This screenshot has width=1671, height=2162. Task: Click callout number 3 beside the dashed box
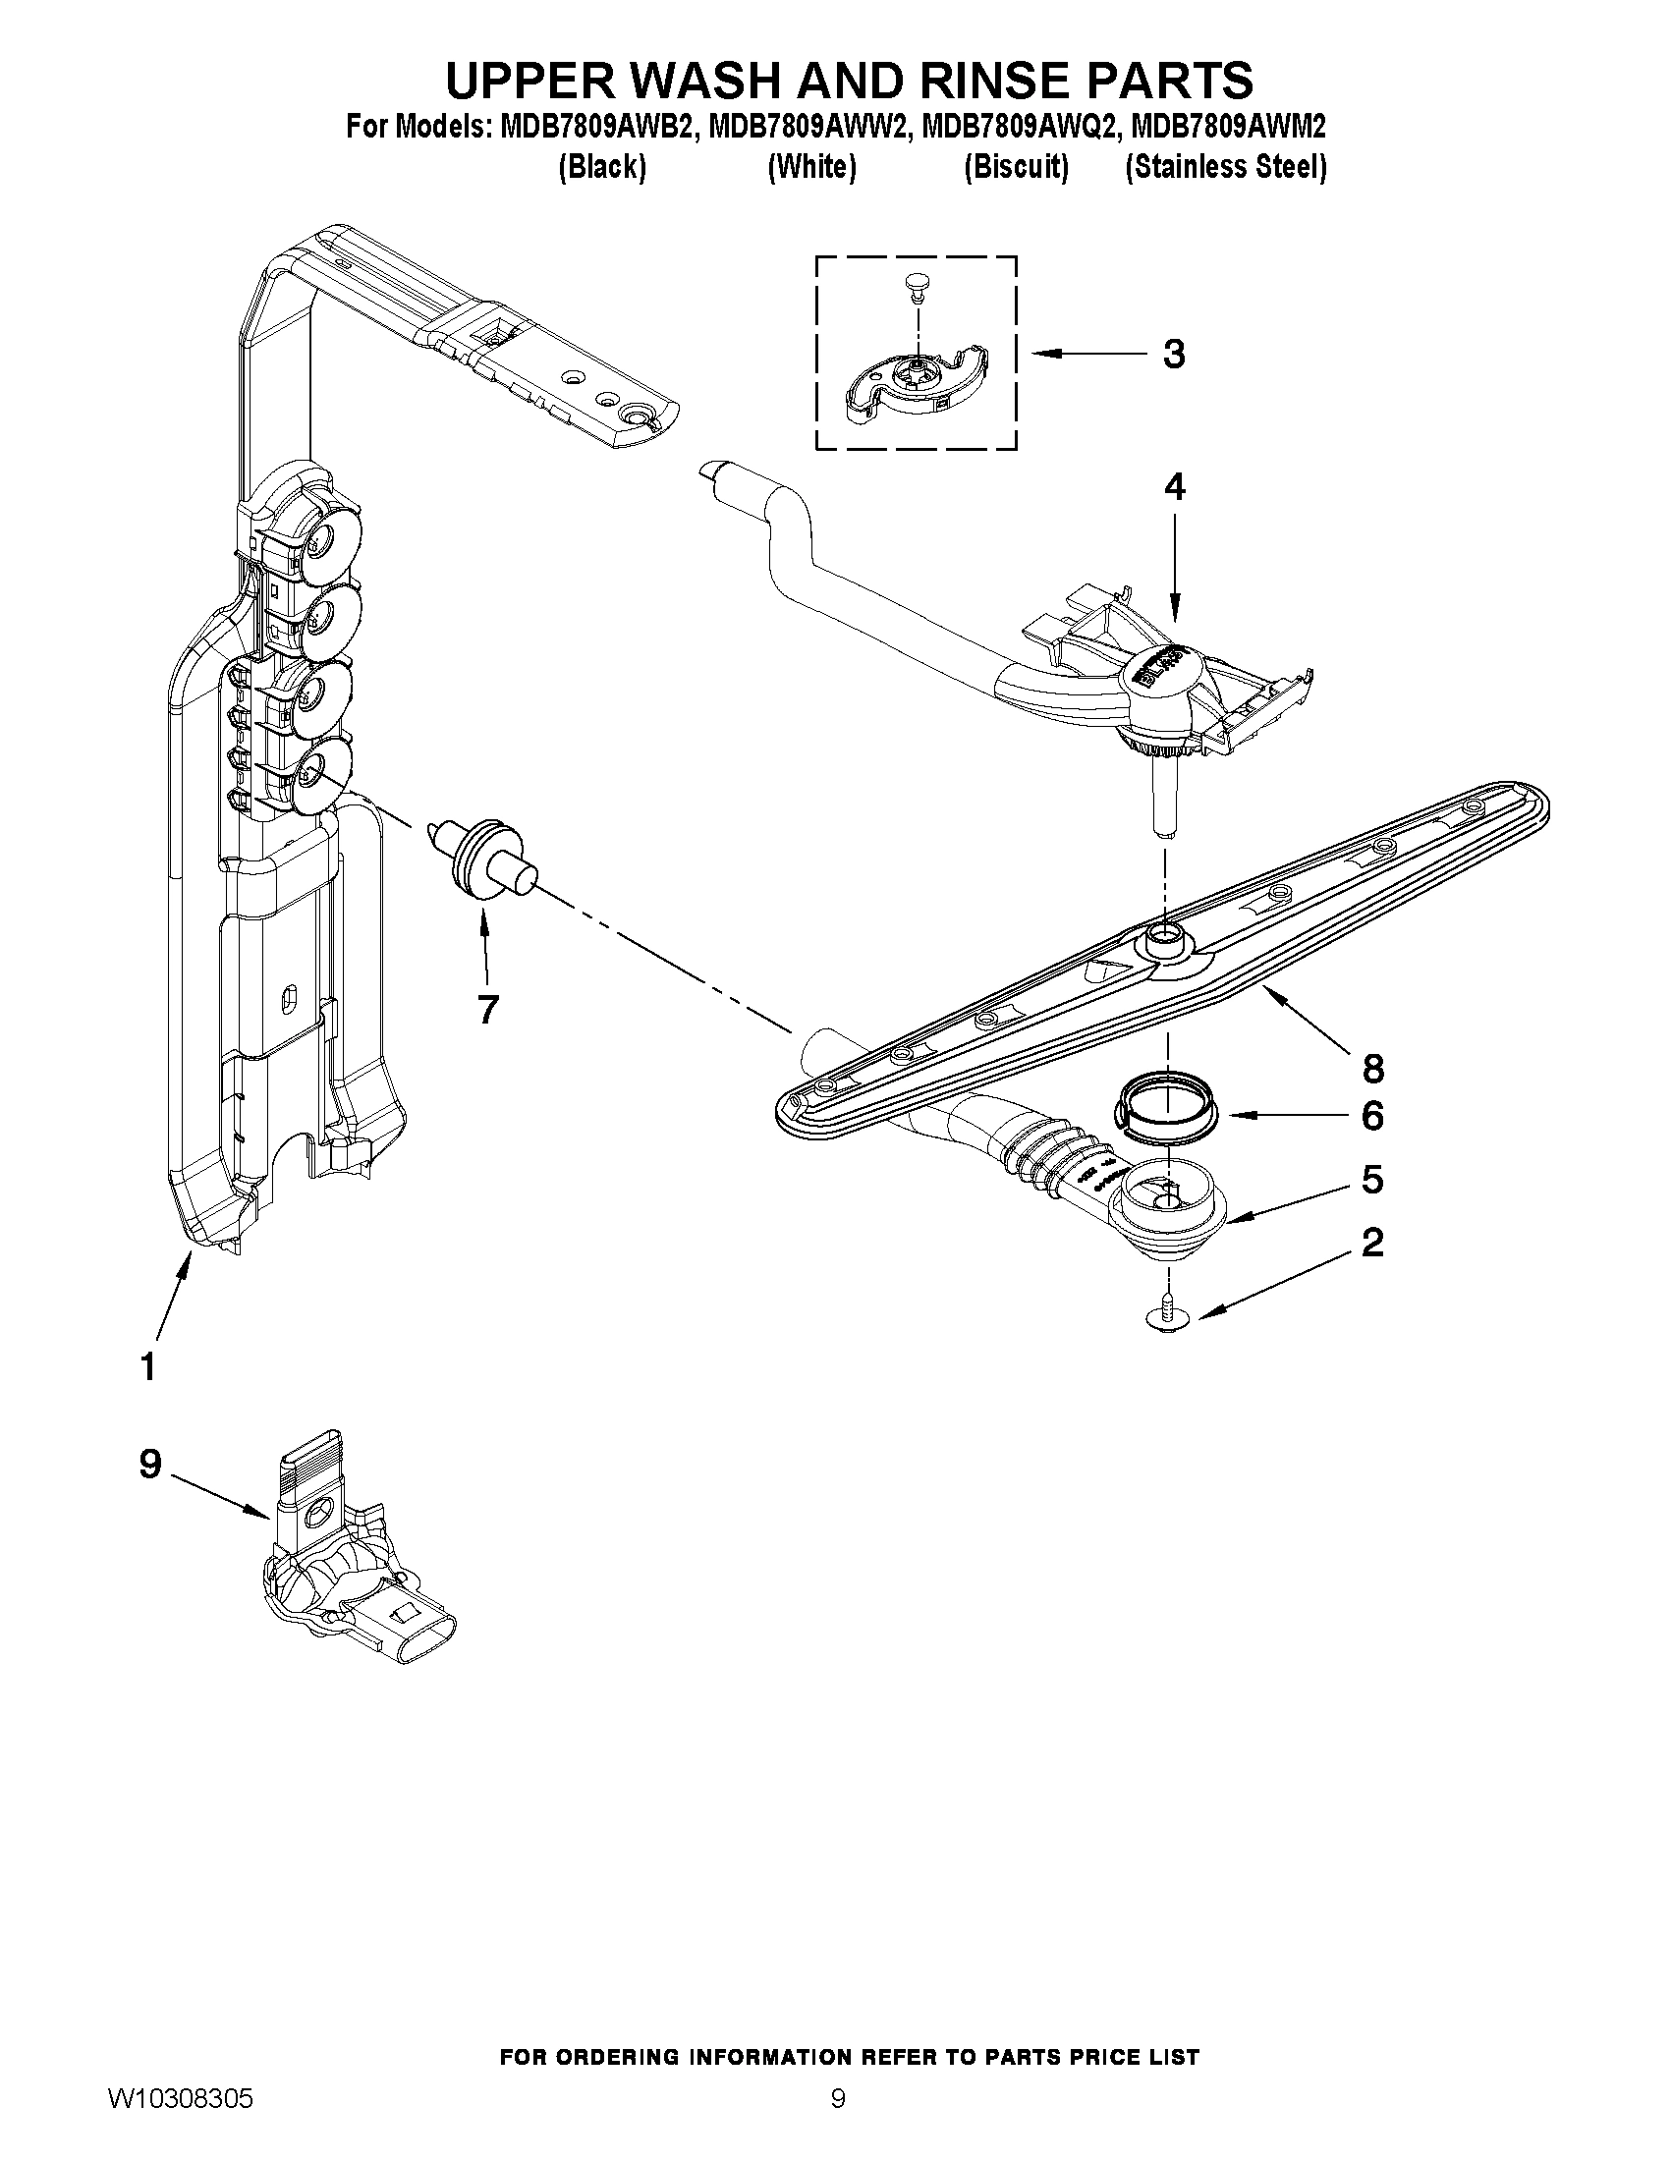1173,354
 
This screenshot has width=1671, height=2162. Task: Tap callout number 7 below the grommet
487,1009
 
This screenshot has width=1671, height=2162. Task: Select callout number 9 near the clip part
150,1464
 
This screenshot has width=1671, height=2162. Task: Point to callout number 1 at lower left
147,1367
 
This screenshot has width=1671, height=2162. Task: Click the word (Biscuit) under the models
1016,167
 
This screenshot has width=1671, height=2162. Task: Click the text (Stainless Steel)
1226,167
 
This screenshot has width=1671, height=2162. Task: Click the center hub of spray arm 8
1165,935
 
